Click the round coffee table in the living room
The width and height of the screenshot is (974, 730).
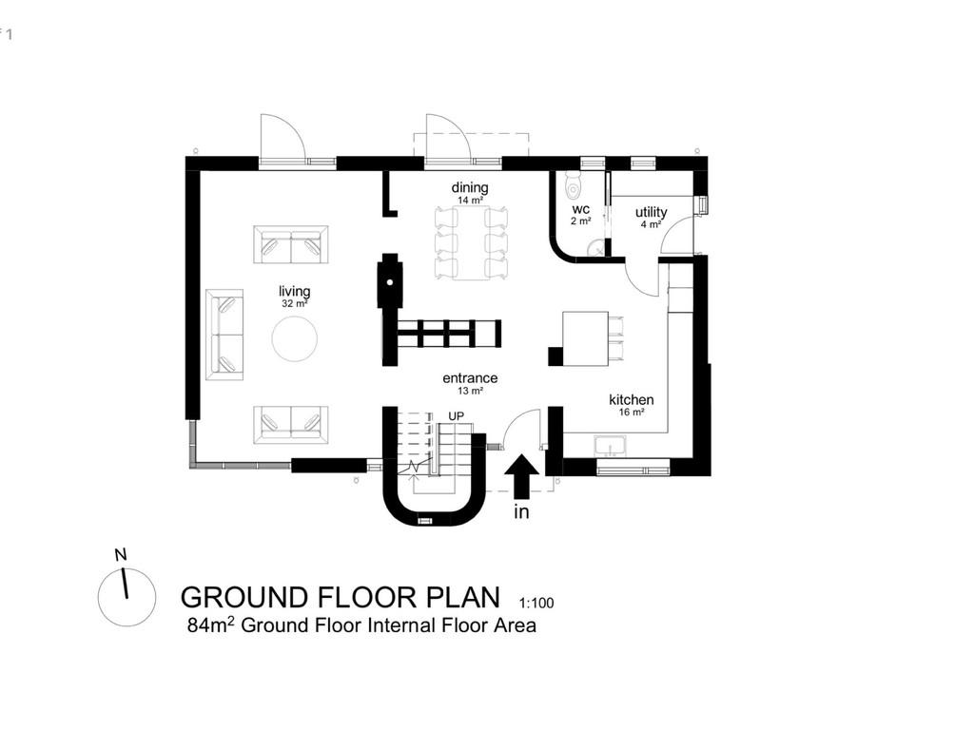pos(296,338)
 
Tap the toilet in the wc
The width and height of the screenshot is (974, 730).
pos(572,182)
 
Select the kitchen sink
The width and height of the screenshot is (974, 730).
pos(610,445)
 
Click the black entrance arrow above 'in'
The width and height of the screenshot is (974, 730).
pos(520,476)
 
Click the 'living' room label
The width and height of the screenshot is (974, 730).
pos(294,291)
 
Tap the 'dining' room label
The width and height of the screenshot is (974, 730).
pos(470,188)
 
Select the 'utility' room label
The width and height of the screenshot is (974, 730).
pos(652,212)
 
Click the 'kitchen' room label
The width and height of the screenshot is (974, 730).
pos(632,400)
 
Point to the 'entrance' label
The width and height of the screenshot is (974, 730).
pos(470,378)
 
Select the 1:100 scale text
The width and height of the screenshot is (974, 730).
pos(536,603)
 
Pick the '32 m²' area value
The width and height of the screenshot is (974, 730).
pos(294,304)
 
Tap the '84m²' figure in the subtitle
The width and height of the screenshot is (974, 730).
pos(208,625)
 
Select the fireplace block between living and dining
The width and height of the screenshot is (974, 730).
pos(389,279)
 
